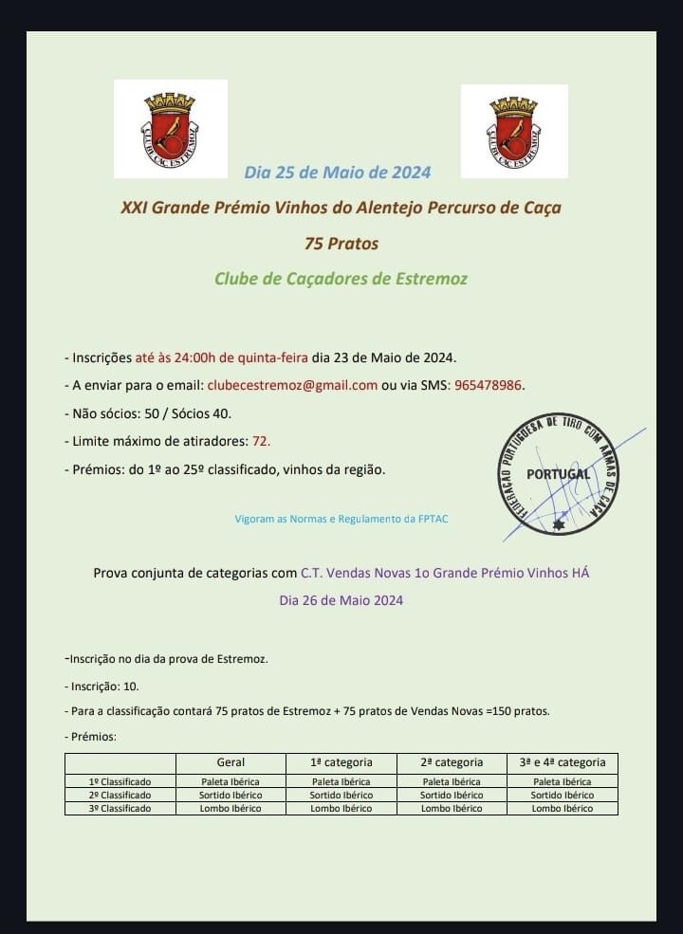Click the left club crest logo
(171, 129)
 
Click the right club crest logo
(514, 131)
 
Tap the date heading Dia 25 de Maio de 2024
(337, 172)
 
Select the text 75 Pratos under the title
(341, 244)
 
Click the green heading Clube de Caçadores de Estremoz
(341, 279)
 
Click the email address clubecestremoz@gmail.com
(292, 385)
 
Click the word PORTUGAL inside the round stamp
(558, 474)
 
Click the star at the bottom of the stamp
(559, 523)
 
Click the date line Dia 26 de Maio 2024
(341, 600)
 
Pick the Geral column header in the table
(231, 762)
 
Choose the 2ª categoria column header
(452, 762)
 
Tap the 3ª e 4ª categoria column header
(563, 762)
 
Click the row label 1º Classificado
(120, 782)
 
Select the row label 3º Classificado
(120, 809)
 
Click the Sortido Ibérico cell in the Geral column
(231, 796)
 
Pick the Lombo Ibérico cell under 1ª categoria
(341, 809)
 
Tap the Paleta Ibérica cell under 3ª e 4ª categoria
(563, 782)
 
